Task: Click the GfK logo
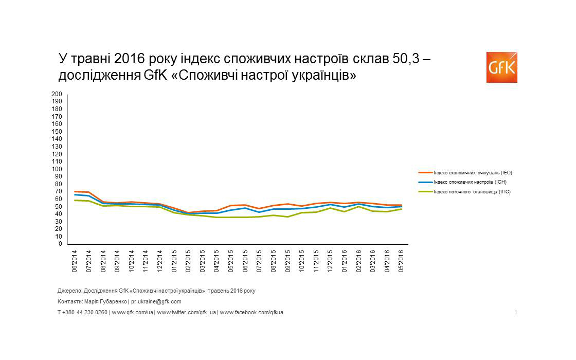(x=501, y=67)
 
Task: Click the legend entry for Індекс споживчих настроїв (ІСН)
(x=473, y=182)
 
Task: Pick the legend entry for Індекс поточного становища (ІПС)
(x=472, y=192)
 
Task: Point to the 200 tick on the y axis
(x=57, y=94)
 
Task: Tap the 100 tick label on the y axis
(x=57, y=169)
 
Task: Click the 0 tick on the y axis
(x=60, y=244)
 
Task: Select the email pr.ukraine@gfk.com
(x=156, y=302)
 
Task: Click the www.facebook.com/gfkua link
(x=251, y=312)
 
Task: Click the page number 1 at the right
(x=516, y=312)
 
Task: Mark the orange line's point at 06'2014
(x=75, y=191)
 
